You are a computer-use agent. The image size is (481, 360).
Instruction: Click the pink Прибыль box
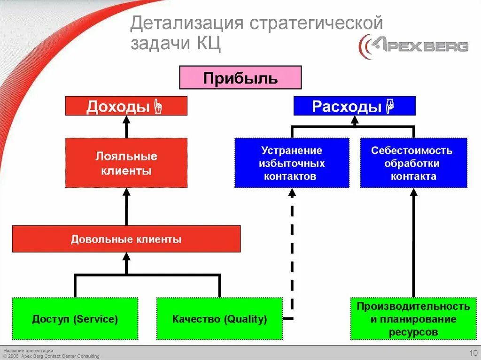pos(240,77)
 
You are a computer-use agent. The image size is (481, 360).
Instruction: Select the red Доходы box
pos(126,106)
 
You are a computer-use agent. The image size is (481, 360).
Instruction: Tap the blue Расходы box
pos(354,106)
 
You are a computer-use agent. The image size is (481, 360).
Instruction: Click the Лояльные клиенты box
pos(126,163)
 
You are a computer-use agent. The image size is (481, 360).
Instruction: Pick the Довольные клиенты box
pos(126,239)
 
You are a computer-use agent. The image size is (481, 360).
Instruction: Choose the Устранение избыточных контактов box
pos(292,163)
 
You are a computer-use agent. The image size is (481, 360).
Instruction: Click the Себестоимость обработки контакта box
pos(413,163)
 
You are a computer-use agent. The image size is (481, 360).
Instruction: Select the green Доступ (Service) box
pos(75,319)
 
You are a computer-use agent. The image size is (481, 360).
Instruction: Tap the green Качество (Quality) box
pos(219,319)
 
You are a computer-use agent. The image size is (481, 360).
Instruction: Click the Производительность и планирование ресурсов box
pos(413,319)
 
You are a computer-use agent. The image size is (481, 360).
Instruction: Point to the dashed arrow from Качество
pos(292,253)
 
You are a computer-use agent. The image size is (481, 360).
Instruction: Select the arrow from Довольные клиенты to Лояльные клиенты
pos(126,207)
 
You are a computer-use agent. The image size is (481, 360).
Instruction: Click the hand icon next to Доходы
pos(158,107)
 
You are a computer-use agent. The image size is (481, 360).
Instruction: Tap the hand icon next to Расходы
pos(389,106)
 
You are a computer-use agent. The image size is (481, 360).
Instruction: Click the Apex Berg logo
pos(413,46)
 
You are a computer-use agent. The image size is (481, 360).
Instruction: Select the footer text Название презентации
pos(28,351)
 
